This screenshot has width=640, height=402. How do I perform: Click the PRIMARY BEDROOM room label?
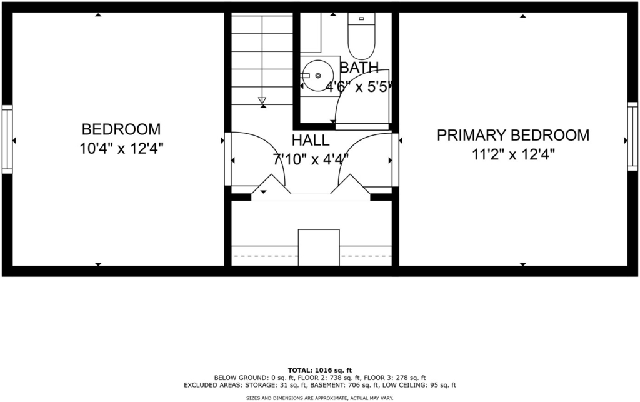pos(513,135)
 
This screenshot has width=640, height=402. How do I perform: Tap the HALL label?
pos(311,140)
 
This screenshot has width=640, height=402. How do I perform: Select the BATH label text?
pos(359,68)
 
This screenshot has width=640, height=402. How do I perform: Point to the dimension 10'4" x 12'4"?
pos(121,149)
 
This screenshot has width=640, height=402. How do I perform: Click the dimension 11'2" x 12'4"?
pos(514,154)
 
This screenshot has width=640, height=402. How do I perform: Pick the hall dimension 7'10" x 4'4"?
pos(311,159)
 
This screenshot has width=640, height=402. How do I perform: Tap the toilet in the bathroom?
pos(361,36)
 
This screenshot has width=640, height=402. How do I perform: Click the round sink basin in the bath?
pos(318,76)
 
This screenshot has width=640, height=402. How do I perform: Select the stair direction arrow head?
pos(262,101)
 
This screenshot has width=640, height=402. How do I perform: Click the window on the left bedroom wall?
pos(7,139)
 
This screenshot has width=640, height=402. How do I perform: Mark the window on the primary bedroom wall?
pos(632,136)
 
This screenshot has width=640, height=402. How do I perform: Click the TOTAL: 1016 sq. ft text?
pos(320,371)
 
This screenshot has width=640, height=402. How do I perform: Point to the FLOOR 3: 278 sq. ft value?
pos(395,378)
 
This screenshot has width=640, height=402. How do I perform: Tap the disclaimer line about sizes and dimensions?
pos(319,398)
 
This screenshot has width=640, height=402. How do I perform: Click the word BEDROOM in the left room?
pos(121,129)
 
